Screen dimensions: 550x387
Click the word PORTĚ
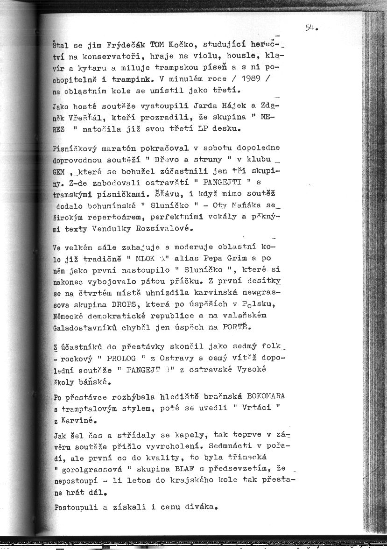coord(234,327)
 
